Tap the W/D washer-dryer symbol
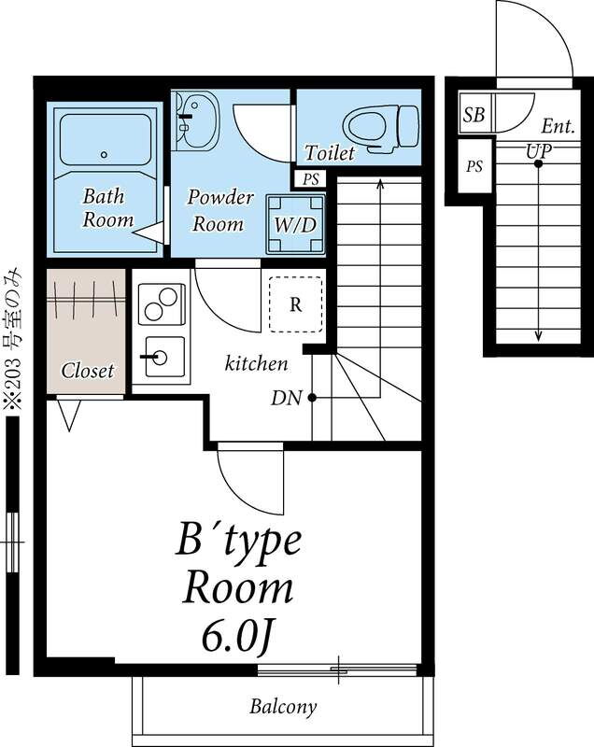[296, 224]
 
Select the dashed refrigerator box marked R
[296, 304]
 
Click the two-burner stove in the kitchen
[161, 304]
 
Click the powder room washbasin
[198, 120]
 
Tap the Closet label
[88, 371]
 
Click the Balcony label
[283, 707]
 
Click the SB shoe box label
[474, 114]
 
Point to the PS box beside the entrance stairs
[474, 166]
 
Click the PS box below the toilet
[311, 179]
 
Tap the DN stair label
[287, 398]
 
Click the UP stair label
[539, 151]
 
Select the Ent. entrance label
[559, 127]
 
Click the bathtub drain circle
[104, 154]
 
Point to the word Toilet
[330, 152]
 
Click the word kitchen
[256, 364]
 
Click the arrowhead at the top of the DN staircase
[380, 183]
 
